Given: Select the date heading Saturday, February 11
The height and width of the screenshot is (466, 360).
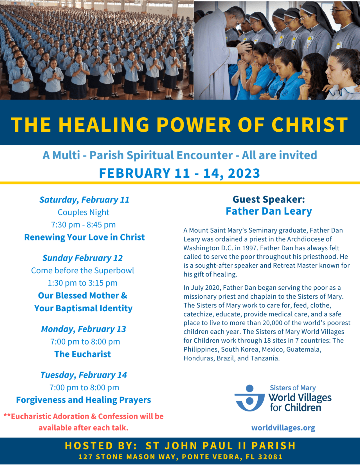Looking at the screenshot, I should (x=84, y=200).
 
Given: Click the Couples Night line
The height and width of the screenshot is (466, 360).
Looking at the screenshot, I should (x=83, y=212).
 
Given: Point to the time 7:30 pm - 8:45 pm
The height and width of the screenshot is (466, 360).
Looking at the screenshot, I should (x=83, y=225).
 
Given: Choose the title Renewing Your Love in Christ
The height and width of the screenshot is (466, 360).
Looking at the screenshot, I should (x=84, y=237).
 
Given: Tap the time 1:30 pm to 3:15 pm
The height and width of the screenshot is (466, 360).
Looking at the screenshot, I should (x=82, y=283).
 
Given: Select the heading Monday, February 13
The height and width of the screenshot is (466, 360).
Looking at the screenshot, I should (x=84, y=329).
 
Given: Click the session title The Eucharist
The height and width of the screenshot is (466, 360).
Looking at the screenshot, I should (x=82, y=354).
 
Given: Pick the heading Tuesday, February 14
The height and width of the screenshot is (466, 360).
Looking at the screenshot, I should (x=84, y=375).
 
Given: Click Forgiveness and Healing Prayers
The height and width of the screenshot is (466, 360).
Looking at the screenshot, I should (x=84, y=400).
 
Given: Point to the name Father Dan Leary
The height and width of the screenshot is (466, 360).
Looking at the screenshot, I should (x=269, y=211).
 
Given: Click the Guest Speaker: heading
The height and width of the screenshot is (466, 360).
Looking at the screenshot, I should (x=269, y=199).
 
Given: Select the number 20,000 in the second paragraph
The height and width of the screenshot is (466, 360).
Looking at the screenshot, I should (x=273, y=323).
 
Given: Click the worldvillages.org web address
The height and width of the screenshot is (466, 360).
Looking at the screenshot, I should (x=283, y=428).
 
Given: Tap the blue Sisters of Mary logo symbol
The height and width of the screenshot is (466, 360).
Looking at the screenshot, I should (x=249, y=398).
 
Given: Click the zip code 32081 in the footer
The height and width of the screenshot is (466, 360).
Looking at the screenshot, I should (x=270, y=457).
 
